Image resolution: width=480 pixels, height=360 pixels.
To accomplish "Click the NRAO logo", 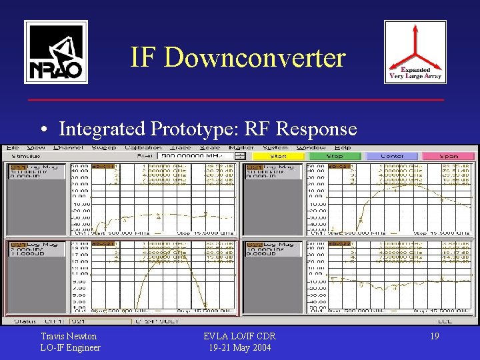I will click(x=55, y=52).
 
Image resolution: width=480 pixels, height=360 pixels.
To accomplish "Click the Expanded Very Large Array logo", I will click(x=415, y=52).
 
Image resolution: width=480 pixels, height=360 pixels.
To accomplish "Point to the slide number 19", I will click(x=434, y=337).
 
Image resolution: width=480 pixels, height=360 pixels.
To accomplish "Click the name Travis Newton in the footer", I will click(x=69, y=337).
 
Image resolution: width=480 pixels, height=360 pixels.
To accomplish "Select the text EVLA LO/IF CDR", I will click(x=239, y=337).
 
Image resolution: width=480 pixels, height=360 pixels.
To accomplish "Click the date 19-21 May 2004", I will click(x=239, y=347).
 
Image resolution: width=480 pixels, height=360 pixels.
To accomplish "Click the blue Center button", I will click(x=391, y=156).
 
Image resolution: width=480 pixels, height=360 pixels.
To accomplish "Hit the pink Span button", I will click(x=449, y=156).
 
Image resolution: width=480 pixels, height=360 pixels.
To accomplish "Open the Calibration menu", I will click(x=143, y=147).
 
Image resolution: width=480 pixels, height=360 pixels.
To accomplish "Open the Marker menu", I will click(x=241, y=147).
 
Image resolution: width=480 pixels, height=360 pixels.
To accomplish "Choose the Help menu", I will click(x=343, y=147).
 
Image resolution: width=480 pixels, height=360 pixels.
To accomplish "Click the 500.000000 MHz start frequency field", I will click(x=197, y=156).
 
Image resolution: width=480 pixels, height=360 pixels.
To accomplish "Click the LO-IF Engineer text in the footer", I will click(x=71, y=347).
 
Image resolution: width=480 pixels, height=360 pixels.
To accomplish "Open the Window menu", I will click(x=310, y=147).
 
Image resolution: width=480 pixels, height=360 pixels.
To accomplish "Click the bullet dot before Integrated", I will click(x=42, y=129).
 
